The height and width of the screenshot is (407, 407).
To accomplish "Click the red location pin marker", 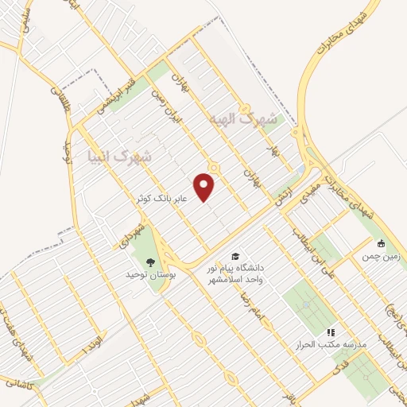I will (x=205, y=187).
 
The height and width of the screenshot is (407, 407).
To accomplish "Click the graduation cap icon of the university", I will (x=235, y=256).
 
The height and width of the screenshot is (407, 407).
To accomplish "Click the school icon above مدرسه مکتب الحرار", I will (x=331, y=331).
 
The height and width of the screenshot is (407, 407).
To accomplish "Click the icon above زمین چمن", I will (x=381, y=243).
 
